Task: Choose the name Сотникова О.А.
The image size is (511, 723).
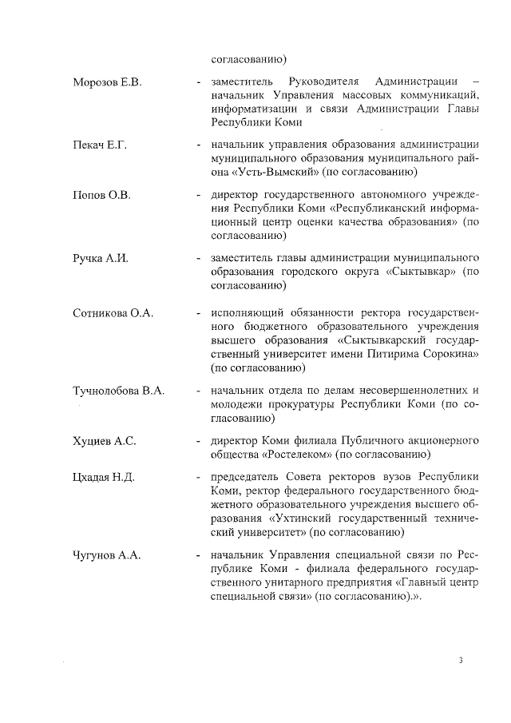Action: pos(113,312)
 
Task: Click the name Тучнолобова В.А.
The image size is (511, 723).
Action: pos(118,390)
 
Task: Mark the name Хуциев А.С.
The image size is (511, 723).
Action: pos(105,440)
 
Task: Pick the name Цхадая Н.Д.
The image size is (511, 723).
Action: pos(104,478)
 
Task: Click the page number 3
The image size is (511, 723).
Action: pos(461,660)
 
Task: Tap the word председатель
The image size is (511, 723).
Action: pos(246,477)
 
